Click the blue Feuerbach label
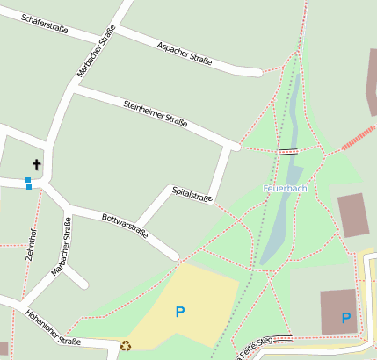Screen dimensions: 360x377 tap(285, 189)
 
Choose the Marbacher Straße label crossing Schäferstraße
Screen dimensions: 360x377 tap(97, 51)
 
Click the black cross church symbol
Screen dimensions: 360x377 tap(37, 164)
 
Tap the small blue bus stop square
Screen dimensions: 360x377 tap(29, 183)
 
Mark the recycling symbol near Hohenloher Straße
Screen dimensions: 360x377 tap(126, 346)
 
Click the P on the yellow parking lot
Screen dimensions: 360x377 tap(180, 311)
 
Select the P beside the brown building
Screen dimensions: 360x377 tap(346, 318)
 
